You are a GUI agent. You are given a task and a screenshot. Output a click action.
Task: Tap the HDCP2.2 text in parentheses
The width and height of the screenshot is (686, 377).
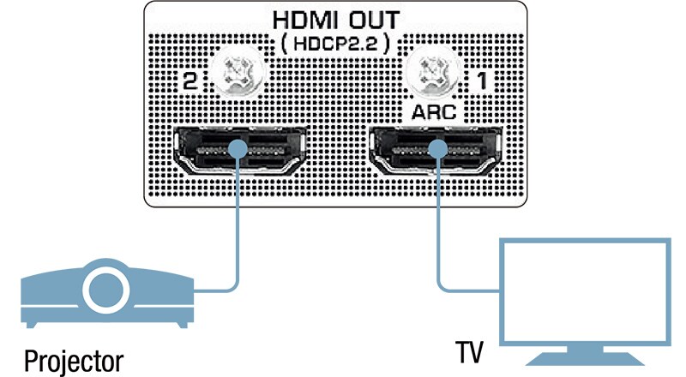(x=336, y=45)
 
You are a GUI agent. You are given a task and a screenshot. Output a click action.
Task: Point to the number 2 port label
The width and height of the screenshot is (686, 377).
(x=188, y=82)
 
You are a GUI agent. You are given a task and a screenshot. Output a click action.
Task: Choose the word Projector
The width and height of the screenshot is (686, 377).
(x=73, y=358)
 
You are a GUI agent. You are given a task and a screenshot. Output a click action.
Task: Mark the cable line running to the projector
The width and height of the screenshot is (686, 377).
(x=238, y=240)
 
